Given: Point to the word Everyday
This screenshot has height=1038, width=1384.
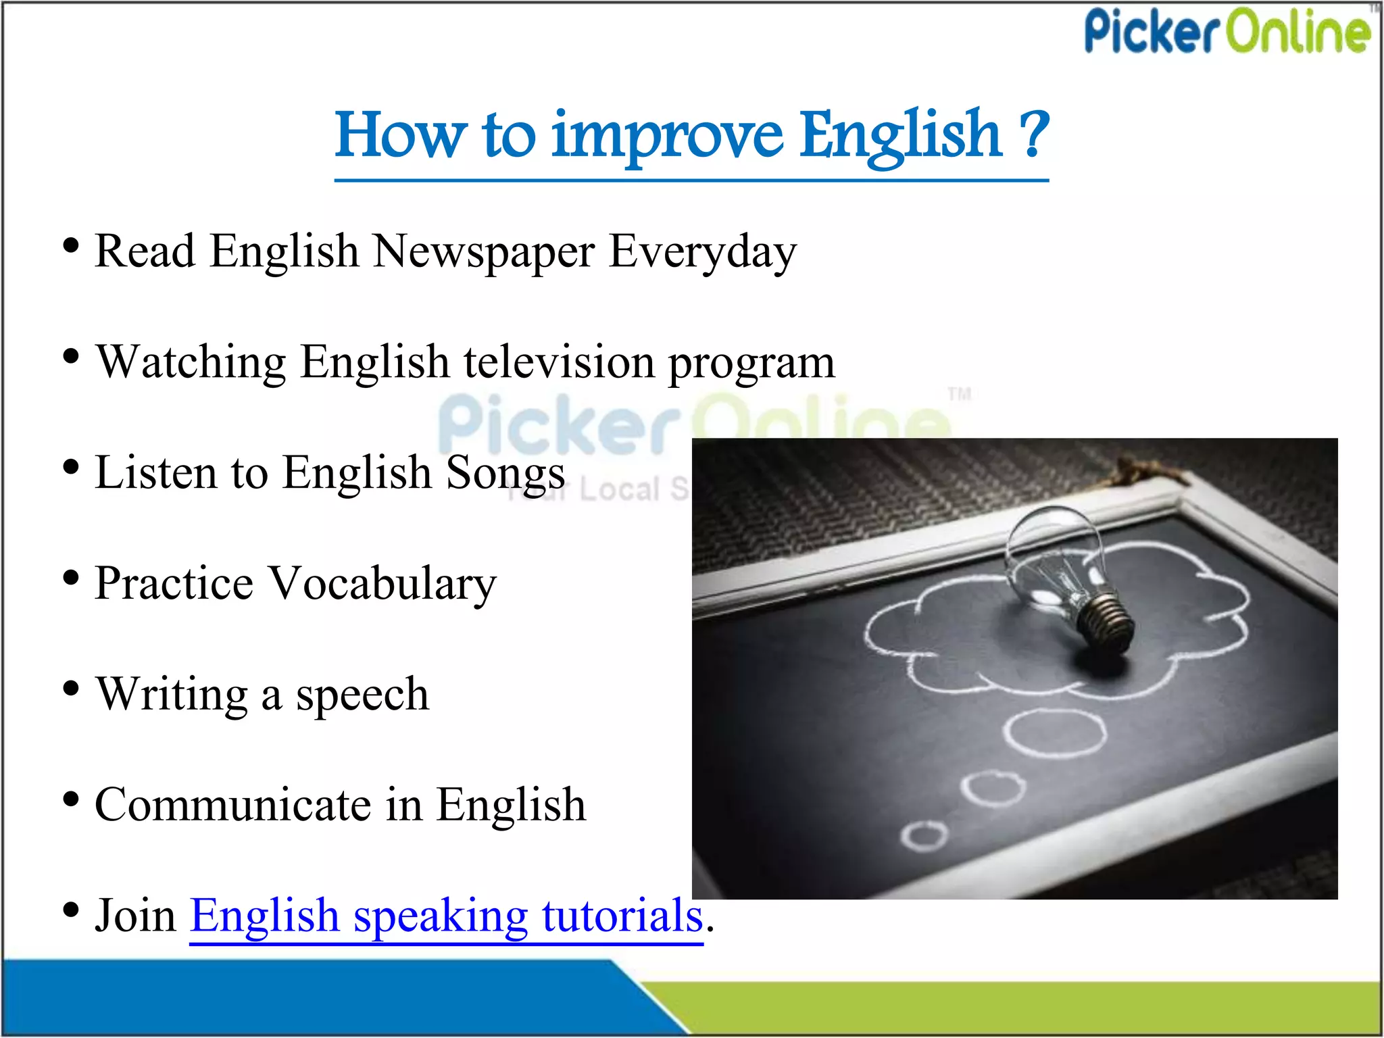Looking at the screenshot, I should [x=703, y=251].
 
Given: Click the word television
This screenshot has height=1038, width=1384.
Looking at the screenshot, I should [x=558, y=362].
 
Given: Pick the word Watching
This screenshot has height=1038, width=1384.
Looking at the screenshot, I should [x=191, y=362].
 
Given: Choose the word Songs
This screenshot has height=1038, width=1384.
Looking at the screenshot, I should [x=505, y=472].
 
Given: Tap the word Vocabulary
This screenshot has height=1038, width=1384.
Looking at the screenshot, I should [x=382, y=583].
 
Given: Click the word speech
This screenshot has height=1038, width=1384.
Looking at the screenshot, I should [x=362, y=694].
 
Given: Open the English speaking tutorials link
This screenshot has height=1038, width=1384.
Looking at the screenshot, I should [x=446, y=916].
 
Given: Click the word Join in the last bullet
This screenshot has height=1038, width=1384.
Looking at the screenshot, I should [x=135, y=916].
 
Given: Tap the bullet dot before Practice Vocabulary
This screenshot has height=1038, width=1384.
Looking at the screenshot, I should [x=70, y=578].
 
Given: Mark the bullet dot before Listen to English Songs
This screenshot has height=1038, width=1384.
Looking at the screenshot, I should [x=70, y=467].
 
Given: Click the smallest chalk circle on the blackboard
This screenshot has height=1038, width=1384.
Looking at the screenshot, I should [x=924, y=835].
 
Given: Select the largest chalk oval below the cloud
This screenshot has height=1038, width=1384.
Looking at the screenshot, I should [x=1054, y=732].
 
